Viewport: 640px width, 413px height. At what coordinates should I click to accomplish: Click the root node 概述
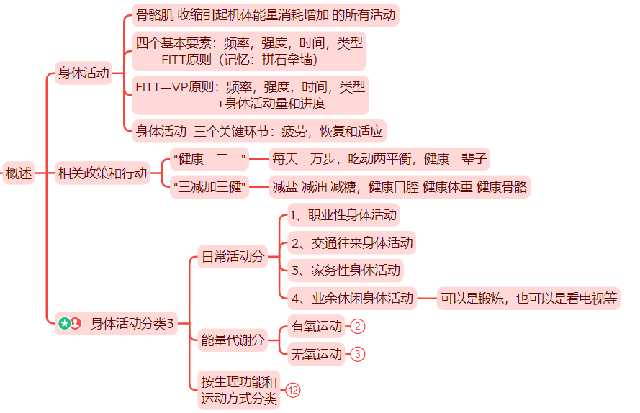19,173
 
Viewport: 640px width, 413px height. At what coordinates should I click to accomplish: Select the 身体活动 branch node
84,73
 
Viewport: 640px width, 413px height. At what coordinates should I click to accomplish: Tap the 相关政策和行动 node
102,173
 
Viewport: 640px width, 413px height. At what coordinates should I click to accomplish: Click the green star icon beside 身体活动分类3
64,324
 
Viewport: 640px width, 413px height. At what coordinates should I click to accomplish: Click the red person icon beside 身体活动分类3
76,324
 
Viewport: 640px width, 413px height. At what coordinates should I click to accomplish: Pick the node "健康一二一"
209,158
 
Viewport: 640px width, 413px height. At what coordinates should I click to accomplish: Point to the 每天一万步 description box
380,158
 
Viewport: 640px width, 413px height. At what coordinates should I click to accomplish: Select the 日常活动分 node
232,257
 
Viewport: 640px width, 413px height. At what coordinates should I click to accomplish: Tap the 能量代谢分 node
232,340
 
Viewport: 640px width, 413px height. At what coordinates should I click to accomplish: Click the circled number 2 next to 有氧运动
359,327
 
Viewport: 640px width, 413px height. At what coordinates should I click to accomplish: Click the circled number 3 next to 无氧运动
359,354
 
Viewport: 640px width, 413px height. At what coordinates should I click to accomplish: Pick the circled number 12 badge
293,390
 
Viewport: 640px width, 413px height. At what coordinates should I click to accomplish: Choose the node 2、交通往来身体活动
351,242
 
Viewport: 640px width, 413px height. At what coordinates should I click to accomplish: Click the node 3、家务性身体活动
344,271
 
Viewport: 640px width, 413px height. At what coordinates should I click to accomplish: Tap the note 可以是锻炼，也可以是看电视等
528,298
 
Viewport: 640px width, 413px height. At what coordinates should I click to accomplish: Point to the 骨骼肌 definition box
266,14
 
